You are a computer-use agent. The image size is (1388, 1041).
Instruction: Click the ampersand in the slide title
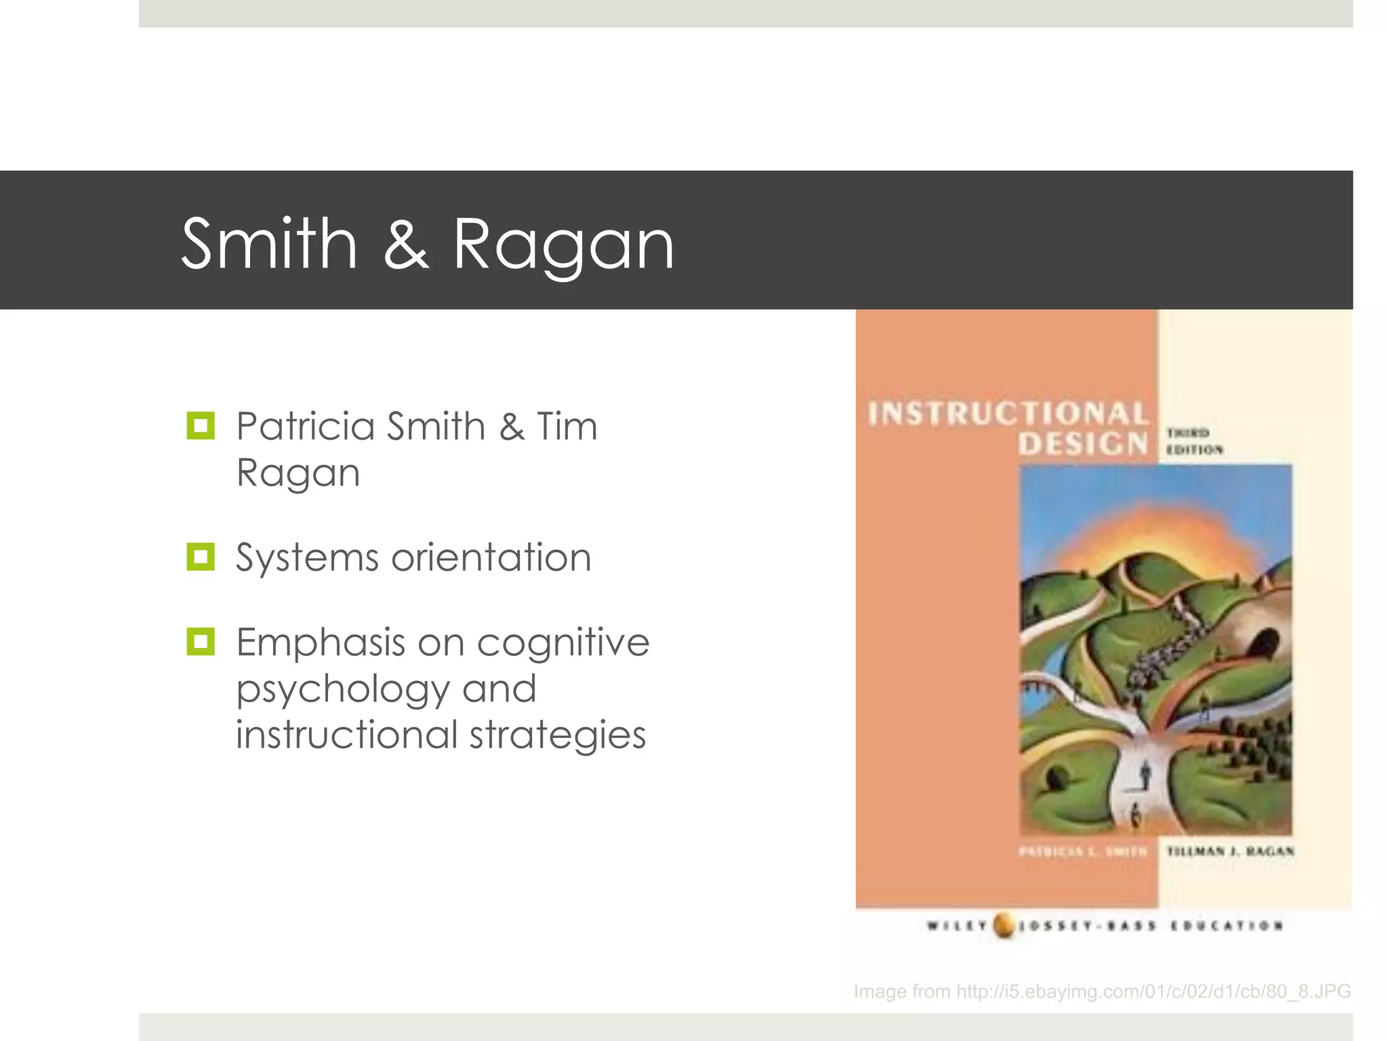405,244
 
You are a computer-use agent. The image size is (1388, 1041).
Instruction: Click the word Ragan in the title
563,245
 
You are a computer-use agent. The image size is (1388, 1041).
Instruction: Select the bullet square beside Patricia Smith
201,426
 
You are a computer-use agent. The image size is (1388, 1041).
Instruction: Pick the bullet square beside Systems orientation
201,557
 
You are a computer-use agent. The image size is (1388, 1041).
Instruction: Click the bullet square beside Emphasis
201,641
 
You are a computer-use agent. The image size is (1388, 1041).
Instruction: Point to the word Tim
567,427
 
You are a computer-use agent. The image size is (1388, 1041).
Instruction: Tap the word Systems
306,558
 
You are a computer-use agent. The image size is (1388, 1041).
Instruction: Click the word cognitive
563,642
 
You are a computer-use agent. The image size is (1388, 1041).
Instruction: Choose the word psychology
343,690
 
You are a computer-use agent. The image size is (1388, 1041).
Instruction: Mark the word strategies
557,735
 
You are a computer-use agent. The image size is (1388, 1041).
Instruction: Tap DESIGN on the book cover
1082,444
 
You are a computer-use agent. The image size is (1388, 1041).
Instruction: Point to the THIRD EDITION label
1193,441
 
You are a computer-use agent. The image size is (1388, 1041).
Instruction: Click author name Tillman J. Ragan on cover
1230,851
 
